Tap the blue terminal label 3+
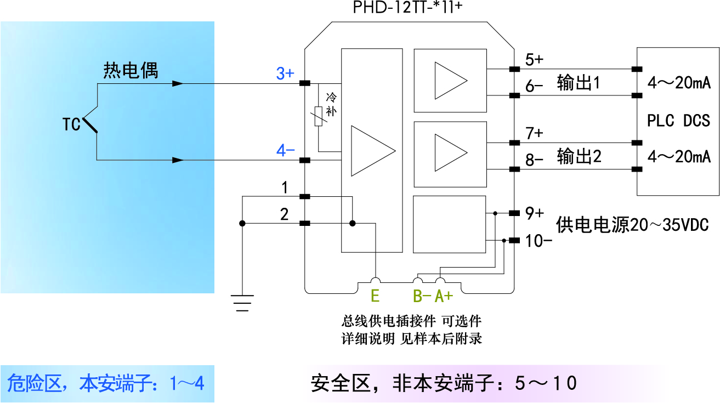pyautogui.click(x=285, y=73)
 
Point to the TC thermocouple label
pyautogui.click(x=71, y=125)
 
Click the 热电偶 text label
pyautogui.click(x=131, y=71)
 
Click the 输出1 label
pyautogui.click(x=579, y=83)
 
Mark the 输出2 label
pyautogui.click(x=579, y=157)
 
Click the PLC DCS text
pyautogui.click(x=678, y=121)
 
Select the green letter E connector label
pyautogui.click(x=375, y=297)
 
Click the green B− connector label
pyautogui.click(x=422, y=297)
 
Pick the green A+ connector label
pyautogui.click(x=444, y=297)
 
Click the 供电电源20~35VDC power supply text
pyautogui.click(x=632, y=225)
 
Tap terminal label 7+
pyautogui.click(x=534, y=133)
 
